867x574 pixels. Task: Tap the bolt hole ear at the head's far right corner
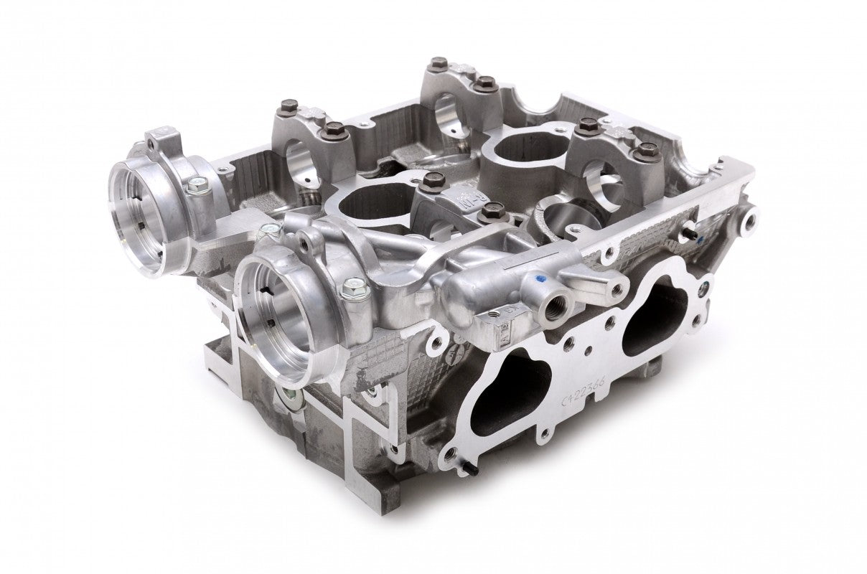click(x=750, y=212)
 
